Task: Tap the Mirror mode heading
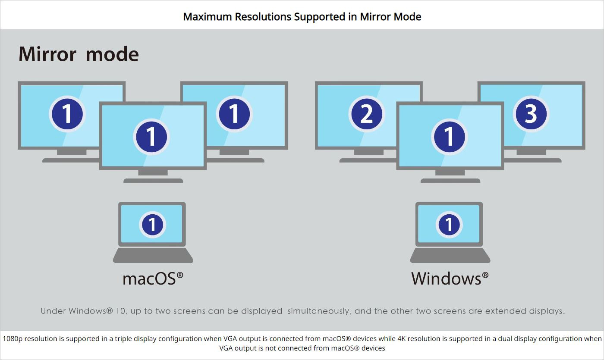pyautogui.click(x=79, y=54)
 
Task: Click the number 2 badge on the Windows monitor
pyautogui.click(x=367, y=114)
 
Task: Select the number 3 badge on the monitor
pyautogui.click(x=531, y=114)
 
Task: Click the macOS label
pyautogui.click(x=153, y=279)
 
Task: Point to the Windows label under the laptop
pyautogui.click(x=450, y=279)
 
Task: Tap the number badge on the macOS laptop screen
pyautogui.click(x=152, y=225)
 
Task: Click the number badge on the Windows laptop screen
pyautogui.click(x=449, y=225)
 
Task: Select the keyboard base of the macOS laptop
pyautogui.click(x=153, y=255)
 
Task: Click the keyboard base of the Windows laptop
pyautogui.click(x=450, y=255)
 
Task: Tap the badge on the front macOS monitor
pyautogui.click(x=151, y=137)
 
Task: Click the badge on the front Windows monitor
pyautogui.click(x=449, y=137)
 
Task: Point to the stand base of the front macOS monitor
pyautogui.click(x=153, y=181)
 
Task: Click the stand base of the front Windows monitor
pyautogui.click(x=450, y=181)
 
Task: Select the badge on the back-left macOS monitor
pyautogui.click(x=67, y=114)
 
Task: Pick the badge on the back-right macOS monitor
pyautogui.click(x=234, y=114)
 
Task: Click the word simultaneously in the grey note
pyautogui.click(x=320, y=311)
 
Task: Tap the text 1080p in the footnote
pyautogui.click(x=13, y=339)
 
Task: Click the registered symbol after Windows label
pyautogui.click(x=485, y=275)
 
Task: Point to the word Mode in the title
pyautogui.click(x=407, y=17)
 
